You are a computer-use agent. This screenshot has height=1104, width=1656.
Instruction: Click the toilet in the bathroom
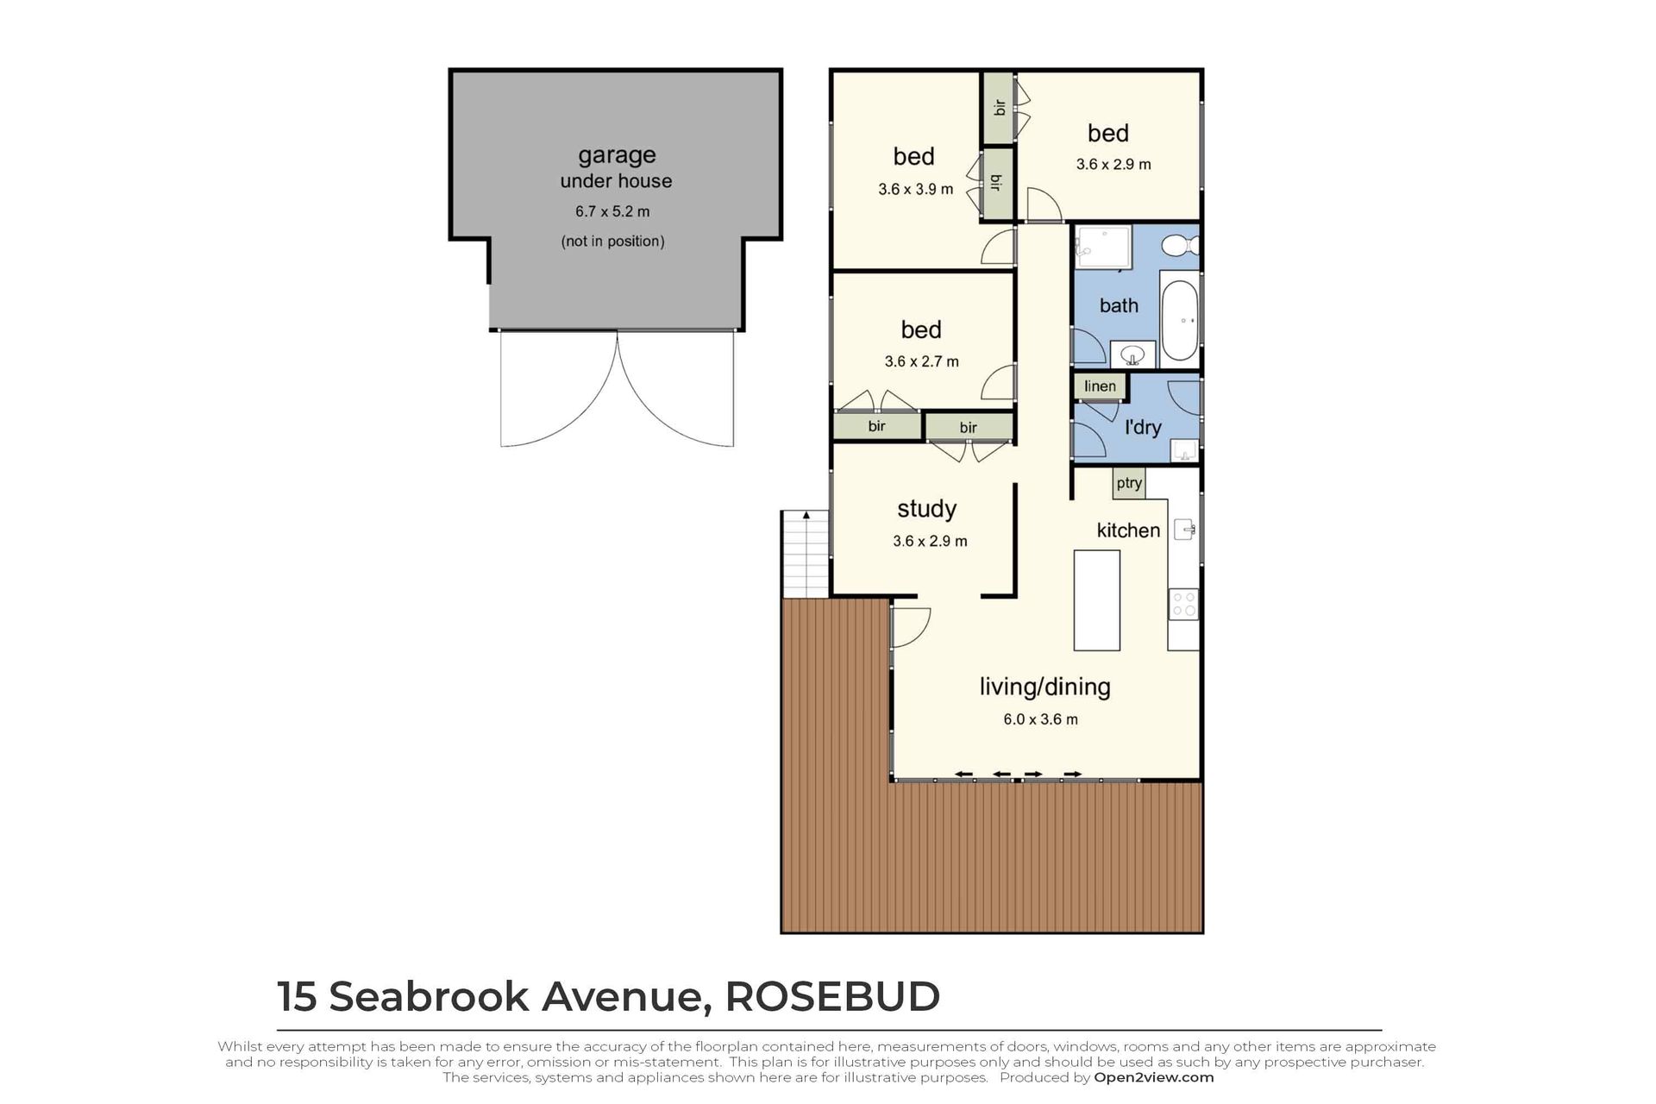point(1179,246)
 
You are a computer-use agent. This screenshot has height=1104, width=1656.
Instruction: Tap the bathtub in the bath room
point(1180,319)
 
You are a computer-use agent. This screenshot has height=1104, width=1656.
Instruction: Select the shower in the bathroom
point(1102,248)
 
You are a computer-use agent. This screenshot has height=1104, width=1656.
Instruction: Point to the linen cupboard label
point(1100,386)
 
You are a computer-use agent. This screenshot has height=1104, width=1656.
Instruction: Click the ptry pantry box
point(1129,483)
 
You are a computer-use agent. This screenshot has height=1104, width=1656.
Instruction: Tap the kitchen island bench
point(1096,600)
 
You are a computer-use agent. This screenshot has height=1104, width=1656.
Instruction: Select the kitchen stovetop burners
point(1183,605)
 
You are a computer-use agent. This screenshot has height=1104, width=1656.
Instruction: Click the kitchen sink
point(1185,530)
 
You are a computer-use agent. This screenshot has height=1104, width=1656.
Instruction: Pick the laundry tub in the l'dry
point(1185,449)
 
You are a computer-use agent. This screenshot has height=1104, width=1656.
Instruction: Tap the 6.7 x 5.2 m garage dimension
point(612,211)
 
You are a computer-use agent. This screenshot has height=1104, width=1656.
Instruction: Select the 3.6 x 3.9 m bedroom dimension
point(916,189)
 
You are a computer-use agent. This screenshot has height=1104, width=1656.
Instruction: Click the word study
point(927,509)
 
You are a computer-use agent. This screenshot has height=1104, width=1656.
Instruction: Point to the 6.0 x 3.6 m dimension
point(1040,719)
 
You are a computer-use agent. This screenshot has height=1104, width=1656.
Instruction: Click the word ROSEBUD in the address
point(832,996)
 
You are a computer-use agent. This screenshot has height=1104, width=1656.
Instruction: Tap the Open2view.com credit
point(1154,1077)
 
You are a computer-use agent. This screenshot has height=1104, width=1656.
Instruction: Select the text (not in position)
point(612,241)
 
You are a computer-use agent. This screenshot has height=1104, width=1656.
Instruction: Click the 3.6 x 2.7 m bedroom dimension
point(921,361)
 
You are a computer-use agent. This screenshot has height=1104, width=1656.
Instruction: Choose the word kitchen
point(1128,530)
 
